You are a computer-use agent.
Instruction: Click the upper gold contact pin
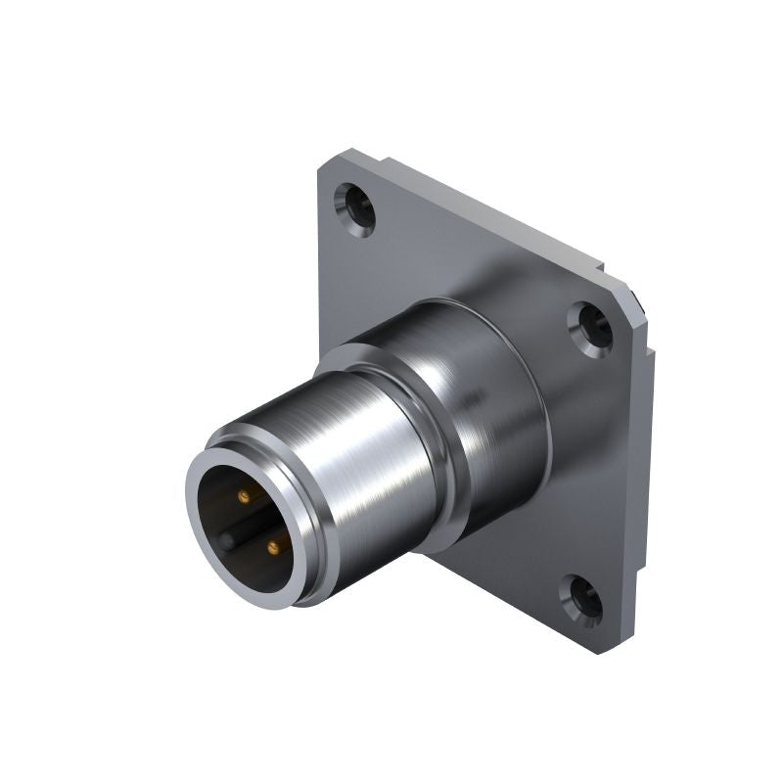244,496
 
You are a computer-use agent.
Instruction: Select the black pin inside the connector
227,539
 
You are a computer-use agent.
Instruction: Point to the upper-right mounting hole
591,328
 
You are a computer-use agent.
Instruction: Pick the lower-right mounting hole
584,600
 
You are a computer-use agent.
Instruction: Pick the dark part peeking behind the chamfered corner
640,305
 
